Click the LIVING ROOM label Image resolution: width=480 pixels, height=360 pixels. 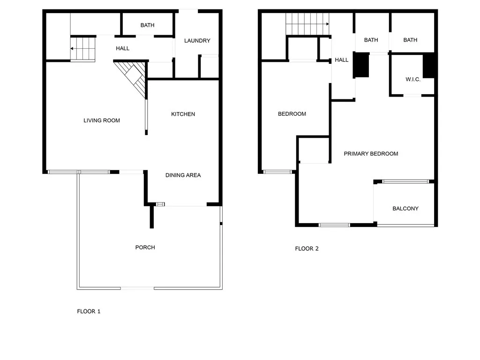pos(102,120)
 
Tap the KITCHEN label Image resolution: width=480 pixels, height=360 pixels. pos(183,114)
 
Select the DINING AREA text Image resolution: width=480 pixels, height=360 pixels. pos(183,175)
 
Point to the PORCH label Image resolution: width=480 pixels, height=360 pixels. pos(145,247)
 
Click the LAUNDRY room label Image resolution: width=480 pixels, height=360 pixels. pos(197,41)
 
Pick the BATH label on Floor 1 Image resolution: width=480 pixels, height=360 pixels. pos(147,25)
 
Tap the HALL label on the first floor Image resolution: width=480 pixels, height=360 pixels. pos(122,48)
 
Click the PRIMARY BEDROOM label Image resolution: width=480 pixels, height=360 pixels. pos(371,154)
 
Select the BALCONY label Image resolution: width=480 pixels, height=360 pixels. pos(405,209)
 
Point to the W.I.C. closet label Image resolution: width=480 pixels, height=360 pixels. pos(413,80)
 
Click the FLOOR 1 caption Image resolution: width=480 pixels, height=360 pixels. pos(89,311)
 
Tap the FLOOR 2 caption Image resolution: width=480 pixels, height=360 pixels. pos(307,248)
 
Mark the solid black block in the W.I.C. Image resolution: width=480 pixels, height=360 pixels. pos(429,66)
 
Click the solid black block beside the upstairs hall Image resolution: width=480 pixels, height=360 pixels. pos(361,65)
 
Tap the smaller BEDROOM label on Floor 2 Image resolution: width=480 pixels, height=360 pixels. pos(292,114)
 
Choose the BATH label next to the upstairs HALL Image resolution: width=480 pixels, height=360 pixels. pos(371,40)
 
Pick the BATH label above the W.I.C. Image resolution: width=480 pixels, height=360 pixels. pos(410,40)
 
